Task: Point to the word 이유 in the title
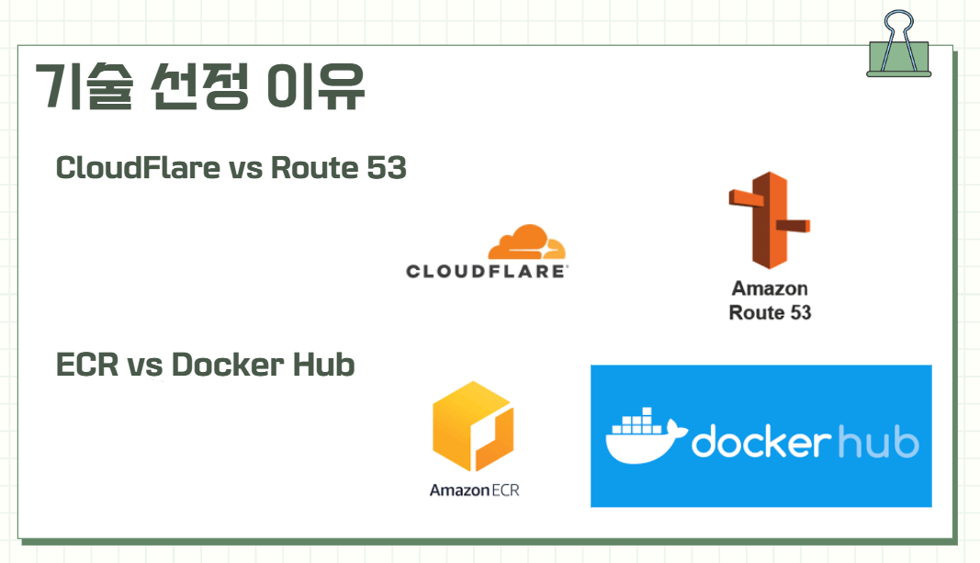click(x=315, y=88)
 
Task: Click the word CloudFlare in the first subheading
click(x=138, y=168)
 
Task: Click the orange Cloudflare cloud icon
click(x=526, y=242)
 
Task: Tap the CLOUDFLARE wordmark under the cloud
click(x=488, y=271)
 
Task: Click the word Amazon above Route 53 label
click(x=770, y=288)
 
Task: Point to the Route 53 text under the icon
click(x=770, y=312)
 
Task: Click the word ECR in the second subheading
click(x=87, y=365)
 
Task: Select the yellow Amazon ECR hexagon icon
click(x=473, y=427)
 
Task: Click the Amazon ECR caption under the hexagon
click(x=474, y=490)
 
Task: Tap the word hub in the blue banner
click(x=878, y=442)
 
